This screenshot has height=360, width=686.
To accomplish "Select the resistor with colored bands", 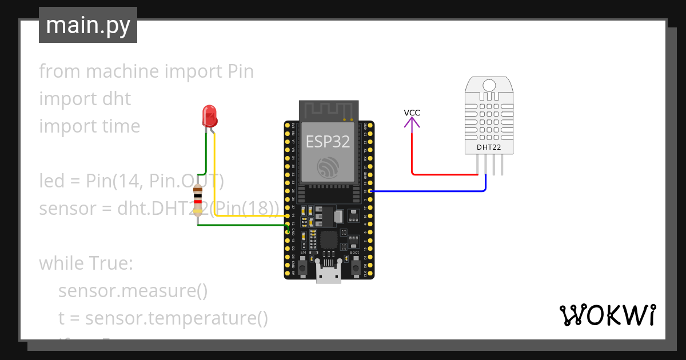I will click(x=198, y=199).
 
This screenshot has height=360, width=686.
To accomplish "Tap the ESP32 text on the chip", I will click(x=328, y=142).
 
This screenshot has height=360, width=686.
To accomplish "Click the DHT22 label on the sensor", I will click(x=489, y=147).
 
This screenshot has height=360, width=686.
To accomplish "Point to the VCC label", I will click(x=412, y=113).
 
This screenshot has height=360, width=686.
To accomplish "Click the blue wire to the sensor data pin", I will click(x=429, y=191).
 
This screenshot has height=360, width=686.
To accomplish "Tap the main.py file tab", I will click(x=88, y=25).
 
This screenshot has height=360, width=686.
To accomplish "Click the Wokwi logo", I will click(x=607, y=315).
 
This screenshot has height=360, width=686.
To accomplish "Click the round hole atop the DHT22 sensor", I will click(x=489, y=86).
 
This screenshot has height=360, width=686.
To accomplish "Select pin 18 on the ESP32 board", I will click(x=370, y=191).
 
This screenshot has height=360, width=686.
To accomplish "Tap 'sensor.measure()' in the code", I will click(x=133, y=291).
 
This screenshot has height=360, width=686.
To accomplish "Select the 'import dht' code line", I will click(x=85, y=99).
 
